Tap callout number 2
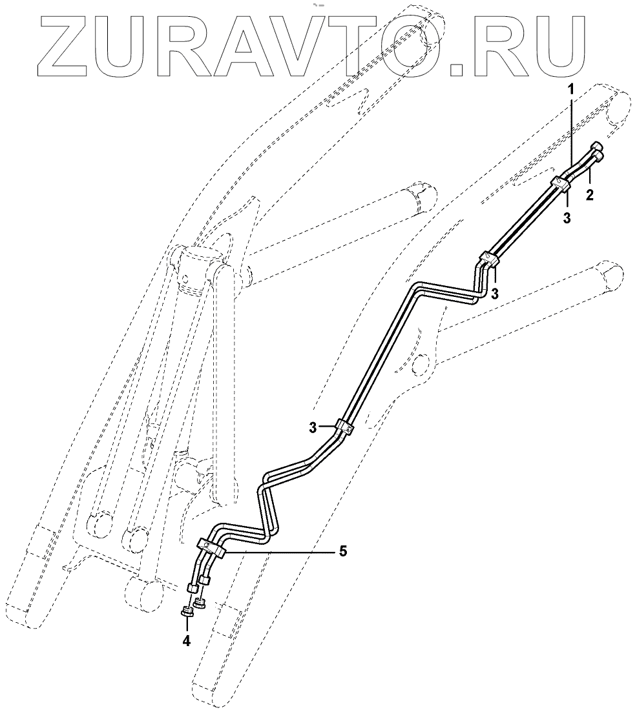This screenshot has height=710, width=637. (x=589, y=194)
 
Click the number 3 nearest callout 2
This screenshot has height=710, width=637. (x=567, y=218)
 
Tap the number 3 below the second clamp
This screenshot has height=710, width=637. (x=494, y=294)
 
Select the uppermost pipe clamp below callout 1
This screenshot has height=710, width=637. (x=560, y=183)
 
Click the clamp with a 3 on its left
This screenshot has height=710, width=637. (x=345, y=427)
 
